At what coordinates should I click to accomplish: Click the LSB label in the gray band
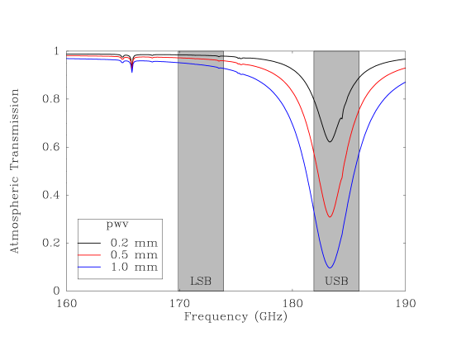pyautogui.click(x=201, y=282)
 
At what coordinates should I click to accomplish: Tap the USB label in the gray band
pyautogui.click(x=336, y=282)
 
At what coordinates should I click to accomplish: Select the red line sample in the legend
pyautogui.click(x=88, y=255)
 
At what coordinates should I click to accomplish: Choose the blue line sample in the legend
pyautogui.click(x=88, y=267)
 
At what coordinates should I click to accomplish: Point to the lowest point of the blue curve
pyautogui.click(x=330, y=268)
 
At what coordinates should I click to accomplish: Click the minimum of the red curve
pyautogui.click(x=330, y=217)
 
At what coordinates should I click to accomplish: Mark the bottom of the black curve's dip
pyautogui.click(x=330, y=142)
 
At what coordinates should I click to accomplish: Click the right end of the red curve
pyautogui.click(x=405, y=69)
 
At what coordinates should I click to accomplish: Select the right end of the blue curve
pyautogui.click(x=405, y=83)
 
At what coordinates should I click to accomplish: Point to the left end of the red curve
pyautogui.click(x=67, y=56)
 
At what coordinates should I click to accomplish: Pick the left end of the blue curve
pyautogui.click(x=67, y=59)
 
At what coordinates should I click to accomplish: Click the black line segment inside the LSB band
pyautogui.click(x=201, y=54)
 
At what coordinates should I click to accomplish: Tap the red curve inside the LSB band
pyautogui.click(x=201, y=59)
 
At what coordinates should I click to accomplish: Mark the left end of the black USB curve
pyautogui.click(x=314, y=98)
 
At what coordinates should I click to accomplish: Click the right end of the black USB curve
pyautogui.click(x=359, y=78)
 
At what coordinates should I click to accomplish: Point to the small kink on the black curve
pyautogui.click(x=341, y=118)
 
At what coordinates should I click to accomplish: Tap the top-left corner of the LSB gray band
pyautogui.click(x=178, y=51)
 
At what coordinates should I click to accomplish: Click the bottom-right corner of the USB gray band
pyautogui.click(x=359, y=291)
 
